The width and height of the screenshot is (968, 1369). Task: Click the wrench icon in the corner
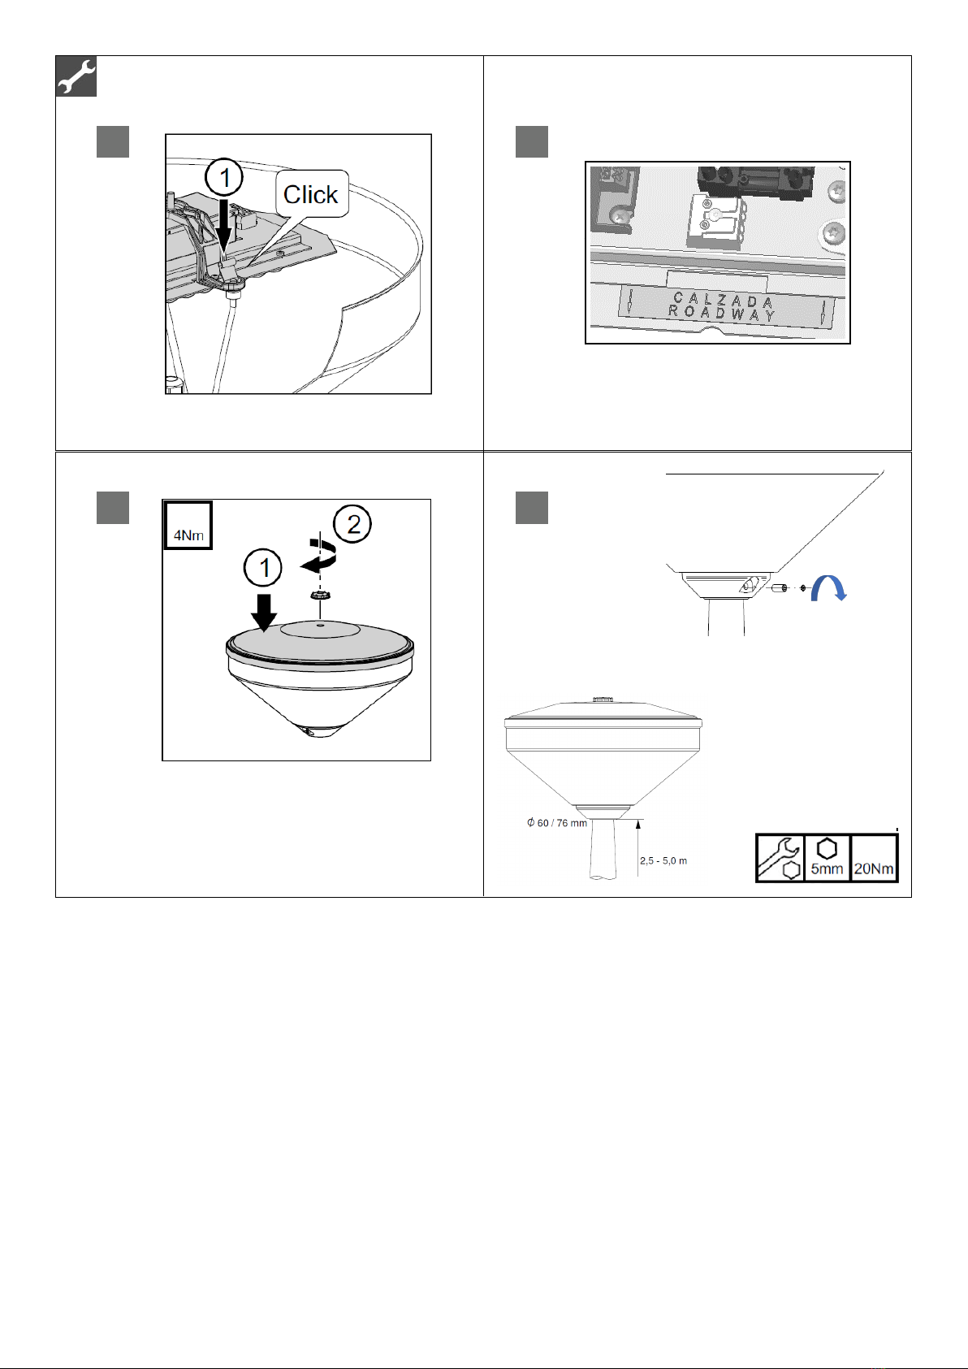click(x=76, y=76)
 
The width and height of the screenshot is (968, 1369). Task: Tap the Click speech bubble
click(x=312, y=193)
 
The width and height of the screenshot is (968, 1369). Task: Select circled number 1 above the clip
click(x=224, y=177)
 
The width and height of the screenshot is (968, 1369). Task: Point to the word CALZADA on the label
click(x=724, y=300)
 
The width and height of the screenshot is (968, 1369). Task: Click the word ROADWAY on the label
click(x=722, y=313)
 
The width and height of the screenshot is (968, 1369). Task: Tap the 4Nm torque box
click(x=188, y=526)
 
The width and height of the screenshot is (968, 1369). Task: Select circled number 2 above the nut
click(x=352, y=524)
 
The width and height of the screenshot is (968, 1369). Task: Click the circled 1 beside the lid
click(x=262, y=568)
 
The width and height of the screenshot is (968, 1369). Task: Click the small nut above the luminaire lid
click(x=317, y=595)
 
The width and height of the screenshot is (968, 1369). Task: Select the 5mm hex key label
click(x=827, y=857)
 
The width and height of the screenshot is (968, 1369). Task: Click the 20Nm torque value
click(x=873, y=869)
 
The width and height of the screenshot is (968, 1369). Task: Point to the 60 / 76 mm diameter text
click(x=557, y=823)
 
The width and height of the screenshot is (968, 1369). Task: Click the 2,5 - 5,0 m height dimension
click(x=663, y=860)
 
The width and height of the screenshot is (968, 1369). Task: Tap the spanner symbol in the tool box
click(x=780, y=857)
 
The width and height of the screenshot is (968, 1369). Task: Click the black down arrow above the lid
click(x=264, y=613)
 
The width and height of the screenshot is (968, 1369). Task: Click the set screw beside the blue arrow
click(x=780, y=588)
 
